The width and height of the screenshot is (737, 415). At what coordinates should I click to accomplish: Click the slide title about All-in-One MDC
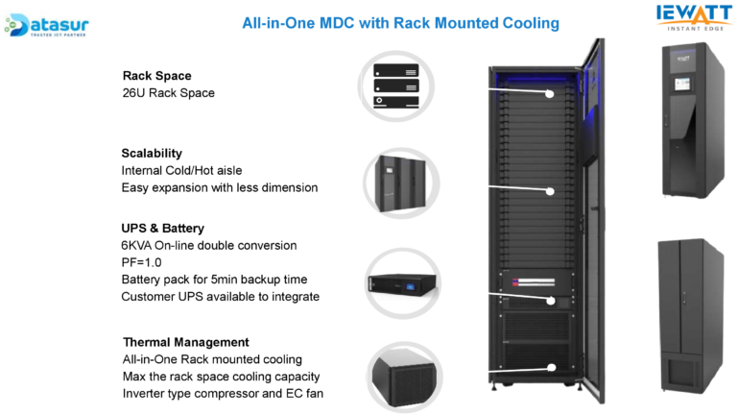point(400,22)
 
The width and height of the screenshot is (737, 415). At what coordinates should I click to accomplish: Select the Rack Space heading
point(157,76)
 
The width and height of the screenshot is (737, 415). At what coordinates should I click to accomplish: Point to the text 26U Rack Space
point(169,93)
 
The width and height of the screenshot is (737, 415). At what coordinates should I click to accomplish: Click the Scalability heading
point(152,153)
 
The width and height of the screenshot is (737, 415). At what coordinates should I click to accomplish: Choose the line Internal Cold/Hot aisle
point(181,170)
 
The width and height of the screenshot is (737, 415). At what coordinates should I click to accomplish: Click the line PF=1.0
point(142,262)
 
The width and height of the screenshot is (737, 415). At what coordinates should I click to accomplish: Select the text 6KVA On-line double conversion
point(209,246)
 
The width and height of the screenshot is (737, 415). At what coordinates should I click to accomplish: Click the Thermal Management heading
point(186,342)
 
